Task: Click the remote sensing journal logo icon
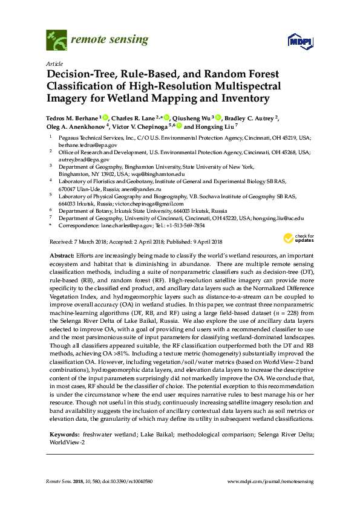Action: pos(56,41)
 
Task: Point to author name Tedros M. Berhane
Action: pos(72,118)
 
